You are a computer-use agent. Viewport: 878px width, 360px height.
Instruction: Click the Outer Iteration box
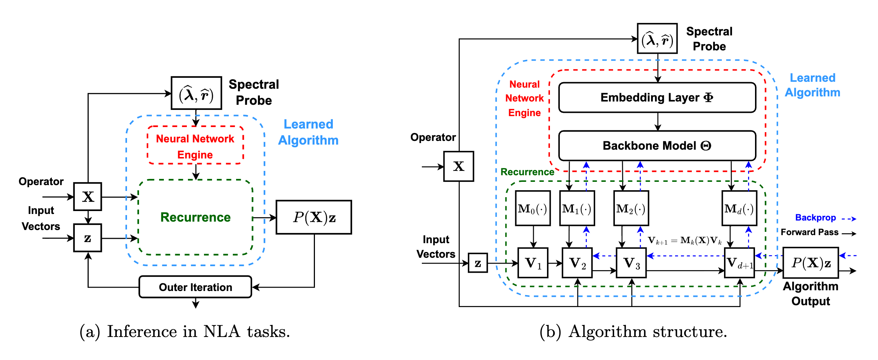pyautogui.click(x=195, y=287)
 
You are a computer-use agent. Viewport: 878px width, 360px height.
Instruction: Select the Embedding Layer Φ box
pyautogui.click(x=657, y=97)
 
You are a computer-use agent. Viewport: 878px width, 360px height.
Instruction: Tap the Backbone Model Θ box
pyautogui.click(x=657, y=146)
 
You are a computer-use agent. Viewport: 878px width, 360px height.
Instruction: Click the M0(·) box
pyautogui.click(x=533, y=208)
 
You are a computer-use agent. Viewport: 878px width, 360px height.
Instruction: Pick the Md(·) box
pyautogui.click(x=739, y=208)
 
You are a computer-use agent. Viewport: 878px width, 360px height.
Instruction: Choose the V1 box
pyautogui.click(x=533, y=263)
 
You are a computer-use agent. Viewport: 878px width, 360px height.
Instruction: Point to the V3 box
pyautogui.click(x=631, y=263)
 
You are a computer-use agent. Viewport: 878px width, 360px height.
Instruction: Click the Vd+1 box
pyautogui.click(x=739, y=263)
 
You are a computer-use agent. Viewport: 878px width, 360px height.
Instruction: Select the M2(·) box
pyautogui.click(x=631, y=208)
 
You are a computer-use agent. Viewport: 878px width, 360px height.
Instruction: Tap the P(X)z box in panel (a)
pyautogui.click(x=314, y=217)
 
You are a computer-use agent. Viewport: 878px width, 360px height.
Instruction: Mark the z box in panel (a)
pyautogui.click(x=88, y=238)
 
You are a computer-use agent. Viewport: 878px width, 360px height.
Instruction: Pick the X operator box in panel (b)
pyautogui.click(x=459, y=166)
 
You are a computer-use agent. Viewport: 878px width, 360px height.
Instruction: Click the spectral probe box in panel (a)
pyautogui.click(x=196, y=93)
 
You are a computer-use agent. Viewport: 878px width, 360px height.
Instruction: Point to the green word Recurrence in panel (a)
pyautogui.click(x=196, y=217)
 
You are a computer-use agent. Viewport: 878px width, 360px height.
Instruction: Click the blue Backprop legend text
pyautogui.click(x=815, y=218)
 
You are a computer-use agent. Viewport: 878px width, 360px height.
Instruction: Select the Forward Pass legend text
pyautogui.click(x=809, y=232)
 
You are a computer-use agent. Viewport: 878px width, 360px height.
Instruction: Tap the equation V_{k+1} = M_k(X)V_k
pyautogui.click(x=685, y=241)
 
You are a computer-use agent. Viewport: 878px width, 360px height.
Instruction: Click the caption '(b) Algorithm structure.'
pyautogui.click(x=633, y=332)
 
